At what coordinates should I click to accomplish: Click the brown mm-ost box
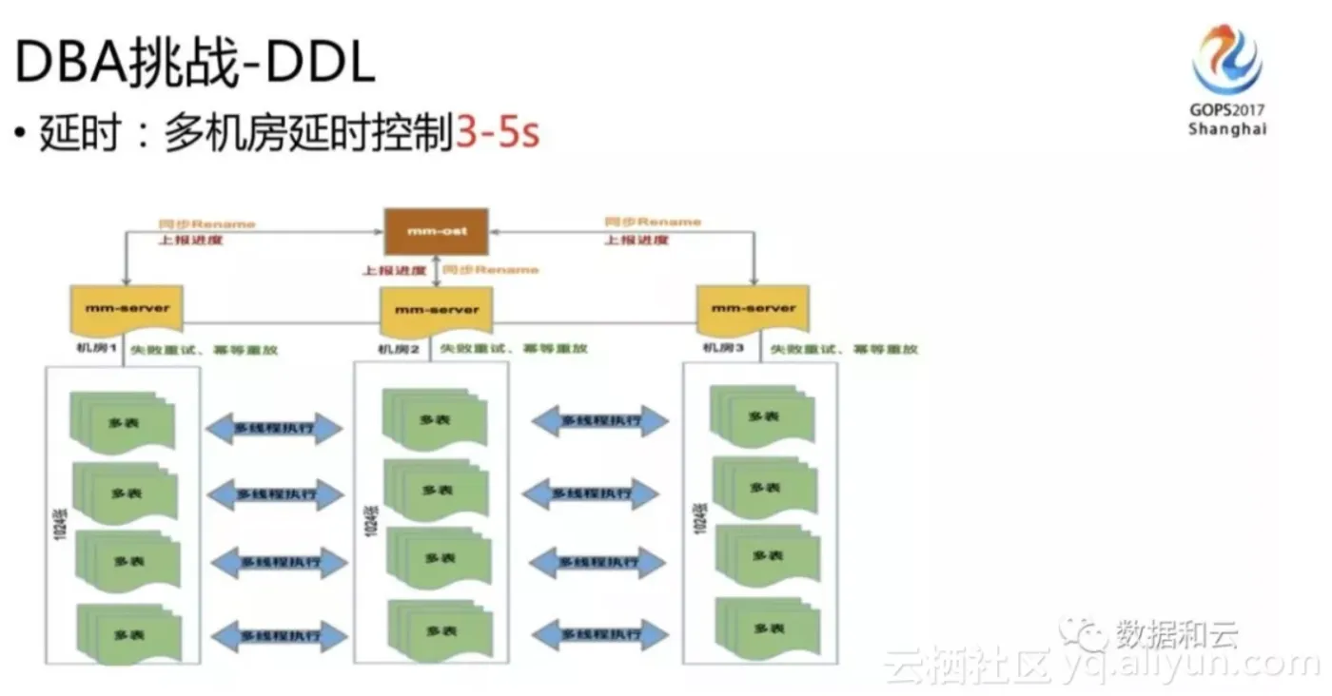click(x=436, y=231)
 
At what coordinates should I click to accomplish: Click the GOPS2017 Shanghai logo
click(x=1227, y=81)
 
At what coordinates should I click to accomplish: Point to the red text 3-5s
click(x=498, y=134)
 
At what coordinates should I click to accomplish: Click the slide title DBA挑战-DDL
click(x=195, y=64)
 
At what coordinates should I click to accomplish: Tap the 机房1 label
click(x=97, y=349)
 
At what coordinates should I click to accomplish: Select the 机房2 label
click(x=399, y=349)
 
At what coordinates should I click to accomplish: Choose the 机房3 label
click(x=721, y=349)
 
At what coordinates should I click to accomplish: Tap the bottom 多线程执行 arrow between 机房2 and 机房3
click(x=599, y=634)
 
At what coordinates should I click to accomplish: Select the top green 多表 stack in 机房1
click(x=124, y=421)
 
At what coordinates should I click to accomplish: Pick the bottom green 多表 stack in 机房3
click(x=767, y=628)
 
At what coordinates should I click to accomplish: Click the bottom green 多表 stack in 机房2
click(x=440, y=629)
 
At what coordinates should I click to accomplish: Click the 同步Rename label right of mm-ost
click(x=653, y=222)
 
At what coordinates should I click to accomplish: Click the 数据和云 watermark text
click(x=1177, y=633)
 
